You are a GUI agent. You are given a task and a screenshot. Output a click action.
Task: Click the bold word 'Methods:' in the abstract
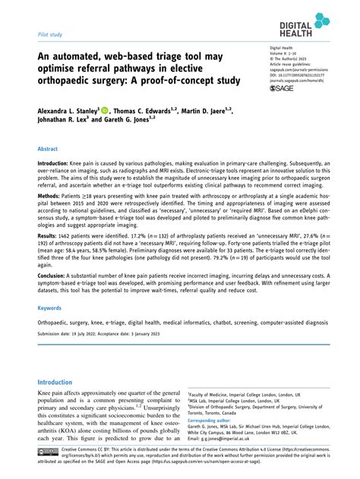(52, 207)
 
